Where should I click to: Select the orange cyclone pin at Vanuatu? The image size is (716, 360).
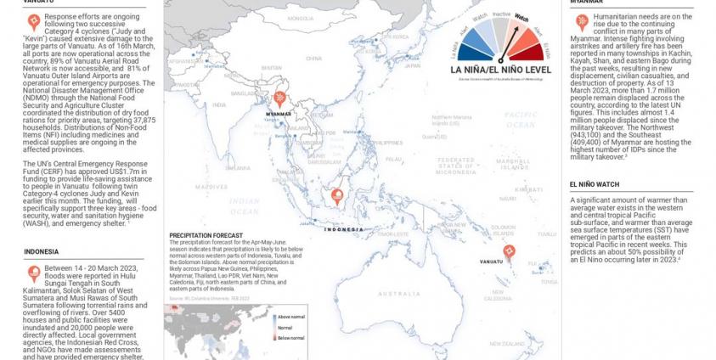510,252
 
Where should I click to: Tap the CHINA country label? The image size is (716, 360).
313,59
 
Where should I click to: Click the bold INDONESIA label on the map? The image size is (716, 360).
344,228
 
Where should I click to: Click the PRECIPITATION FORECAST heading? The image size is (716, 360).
206,234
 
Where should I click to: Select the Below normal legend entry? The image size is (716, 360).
289,337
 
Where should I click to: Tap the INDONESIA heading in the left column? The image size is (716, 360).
41,251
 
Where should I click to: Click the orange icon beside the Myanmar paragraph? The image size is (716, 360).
581,21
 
